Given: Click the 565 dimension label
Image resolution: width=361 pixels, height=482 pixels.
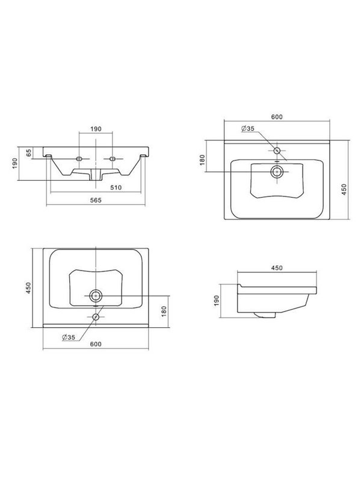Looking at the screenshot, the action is [96, 200].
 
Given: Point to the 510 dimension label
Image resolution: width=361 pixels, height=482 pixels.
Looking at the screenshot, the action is [116, 187].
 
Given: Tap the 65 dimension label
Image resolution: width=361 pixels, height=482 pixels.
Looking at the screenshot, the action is [29, 153].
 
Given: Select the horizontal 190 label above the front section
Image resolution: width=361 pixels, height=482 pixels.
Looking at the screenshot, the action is [96, 129].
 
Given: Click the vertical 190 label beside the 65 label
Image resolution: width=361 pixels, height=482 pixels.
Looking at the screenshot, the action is [15, 163].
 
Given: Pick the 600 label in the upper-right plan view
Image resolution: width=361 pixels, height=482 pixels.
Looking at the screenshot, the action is [277, 117].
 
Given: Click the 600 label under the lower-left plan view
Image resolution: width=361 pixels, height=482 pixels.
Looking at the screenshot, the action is [96, 344].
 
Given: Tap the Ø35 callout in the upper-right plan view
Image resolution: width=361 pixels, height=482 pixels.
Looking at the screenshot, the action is [248, 128].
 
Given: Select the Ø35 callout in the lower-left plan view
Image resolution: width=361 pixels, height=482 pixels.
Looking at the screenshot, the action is [68, 337].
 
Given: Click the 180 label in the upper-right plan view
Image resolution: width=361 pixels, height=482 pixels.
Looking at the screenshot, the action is [202, 160].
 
